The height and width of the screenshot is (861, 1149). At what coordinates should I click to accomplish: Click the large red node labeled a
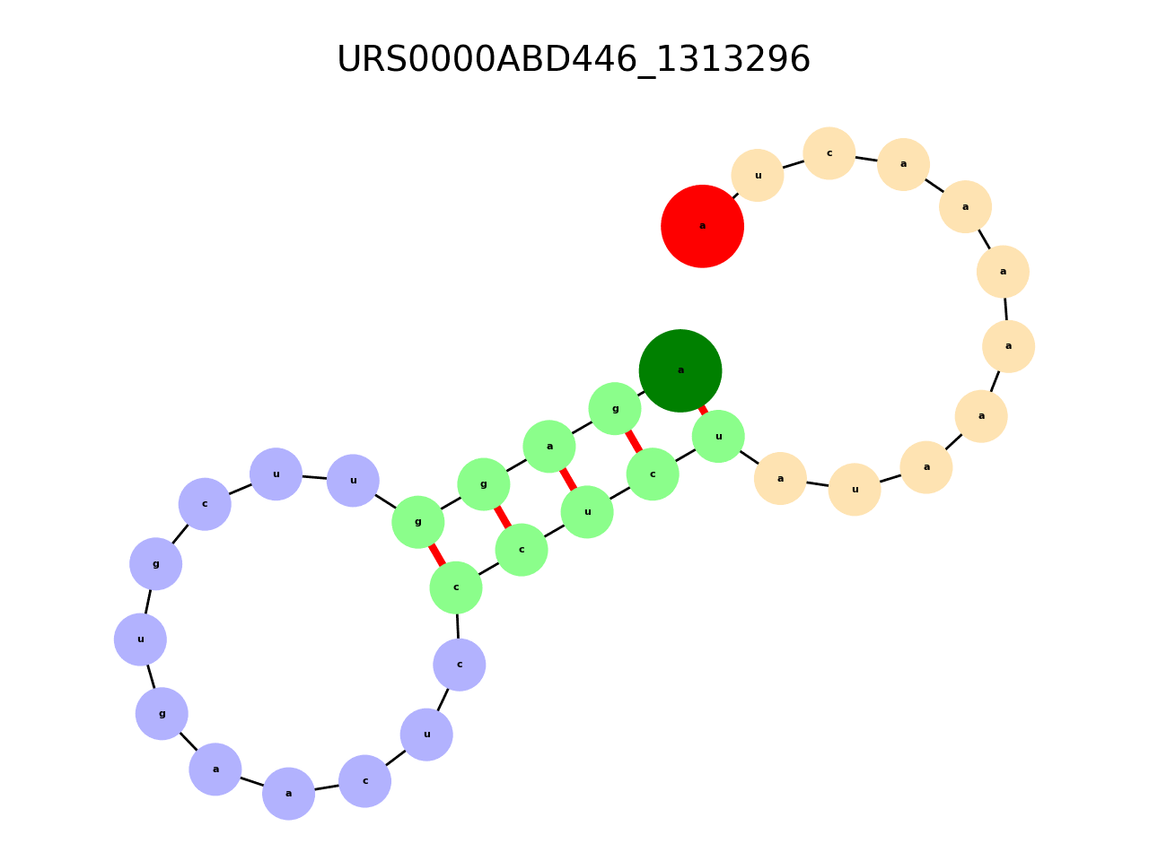point(702,226)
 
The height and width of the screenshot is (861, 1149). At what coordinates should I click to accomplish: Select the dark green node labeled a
point(680,370)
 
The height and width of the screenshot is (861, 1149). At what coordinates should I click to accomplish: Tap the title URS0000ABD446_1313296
point(574,60)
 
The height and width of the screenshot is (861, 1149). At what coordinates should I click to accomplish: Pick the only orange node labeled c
point(829,153)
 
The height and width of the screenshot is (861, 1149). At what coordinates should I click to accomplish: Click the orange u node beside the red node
point(758,176)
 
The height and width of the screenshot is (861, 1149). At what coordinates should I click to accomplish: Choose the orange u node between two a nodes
point(855,490)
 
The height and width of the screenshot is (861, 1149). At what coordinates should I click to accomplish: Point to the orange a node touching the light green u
point(780,478)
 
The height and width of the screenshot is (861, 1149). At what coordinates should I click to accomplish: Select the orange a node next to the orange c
point(903,164)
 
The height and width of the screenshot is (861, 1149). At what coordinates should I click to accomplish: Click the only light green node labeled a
point(549,447)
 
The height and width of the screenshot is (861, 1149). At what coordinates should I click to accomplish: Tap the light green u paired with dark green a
point(718,437)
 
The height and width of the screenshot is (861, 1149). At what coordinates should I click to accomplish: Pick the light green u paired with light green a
point(587,512)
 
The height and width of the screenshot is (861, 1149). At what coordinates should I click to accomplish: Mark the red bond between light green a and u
point(568,479)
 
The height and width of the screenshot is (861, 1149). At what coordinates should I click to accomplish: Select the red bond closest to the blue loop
point(437,555)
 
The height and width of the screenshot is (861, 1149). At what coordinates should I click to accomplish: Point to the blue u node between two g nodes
point(140,639)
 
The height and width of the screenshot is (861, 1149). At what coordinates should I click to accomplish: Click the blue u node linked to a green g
point(353,481)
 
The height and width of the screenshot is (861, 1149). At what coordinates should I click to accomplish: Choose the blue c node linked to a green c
point(460,665)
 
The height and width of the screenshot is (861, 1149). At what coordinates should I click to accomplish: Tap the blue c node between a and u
point(364,781)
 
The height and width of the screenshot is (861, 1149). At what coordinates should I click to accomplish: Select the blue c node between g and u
point(205,504)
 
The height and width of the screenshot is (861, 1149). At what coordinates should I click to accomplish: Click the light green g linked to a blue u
point(418,522)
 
